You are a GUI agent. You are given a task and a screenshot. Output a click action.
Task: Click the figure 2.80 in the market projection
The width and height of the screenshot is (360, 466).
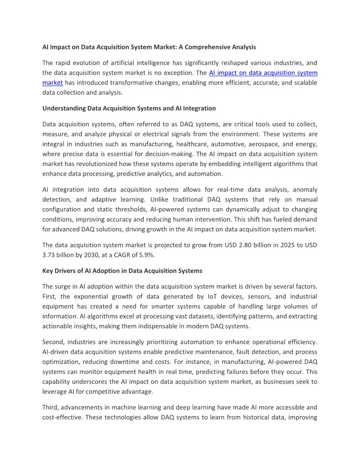point(221,245)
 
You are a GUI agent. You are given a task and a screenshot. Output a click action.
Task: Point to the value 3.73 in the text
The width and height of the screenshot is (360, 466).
point(50,255)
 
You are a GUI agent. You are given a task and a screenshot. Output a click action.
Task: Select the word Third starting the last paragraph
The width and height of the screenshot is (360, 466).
point(51,407)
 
